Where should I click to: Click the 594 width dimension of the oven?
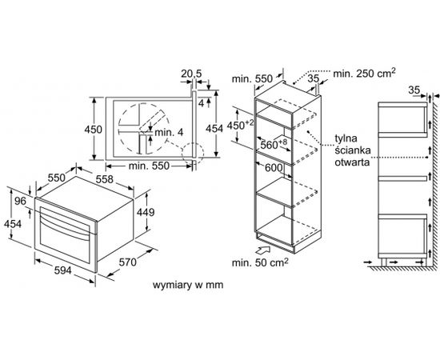63,270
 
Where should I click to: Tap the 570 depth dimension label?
128,262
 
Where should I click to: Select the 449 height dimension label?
146,213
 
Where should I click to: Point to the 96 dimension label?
20,201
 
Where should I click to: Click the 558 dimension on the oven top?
104,179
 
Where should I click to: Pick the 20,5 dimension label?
191,74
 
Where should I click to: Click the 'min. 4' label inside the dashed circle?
169,132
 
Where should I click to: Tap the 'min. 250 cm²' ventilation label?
364,74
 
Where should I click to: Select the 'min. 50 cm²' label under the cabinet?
260,262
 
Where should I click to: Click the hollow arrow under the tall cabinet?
264,250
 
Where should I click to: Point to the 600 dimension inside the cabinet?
274,168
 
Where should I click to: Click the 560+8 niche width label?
274,144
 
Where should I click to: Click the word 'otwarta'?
352,162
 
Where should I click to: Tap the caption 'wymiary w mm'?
188,285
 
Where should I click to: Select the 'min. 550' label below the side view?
149,166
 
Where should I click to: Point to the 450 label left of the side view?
93,130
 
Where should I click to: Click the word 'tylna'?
346,138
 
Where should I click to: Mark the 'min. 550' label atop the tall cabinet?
252,79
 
